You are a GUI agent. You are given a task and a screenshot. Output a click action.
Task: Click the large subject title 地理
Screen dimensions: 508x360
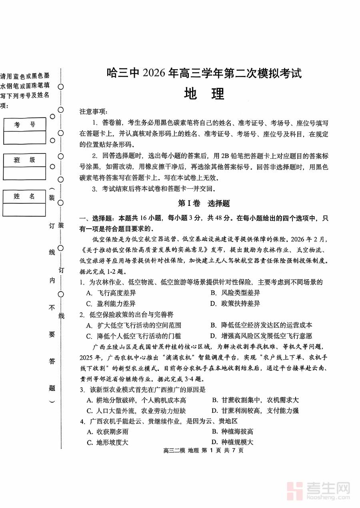pyautogui.click(x=204, y=94)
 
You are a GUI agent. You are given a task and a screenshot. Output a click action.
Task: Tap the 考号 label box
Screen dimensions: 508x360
pyautogui.click(x=24, y=125)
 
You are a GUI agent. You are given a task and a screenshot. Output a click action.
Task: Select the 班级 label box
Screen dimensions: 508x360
pyautogui.click(x=24, y=160)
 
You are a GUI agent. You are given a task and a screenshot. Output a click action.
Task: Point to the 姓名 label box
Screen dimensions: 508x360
pyautogui.click(x=24, y=196)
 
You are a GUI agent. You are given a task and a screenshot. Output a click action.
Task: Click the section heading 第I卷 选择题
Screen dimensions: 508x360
pyautogui.click(x=204, y=203)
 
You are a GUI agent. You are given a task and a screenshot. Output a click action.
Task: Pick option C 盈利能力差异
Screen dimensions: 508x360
pyautogui.click(x=111, y=304)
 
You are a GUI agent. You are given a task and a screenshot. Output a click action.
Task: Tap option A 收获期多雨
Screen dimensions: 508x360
pyautogui.click(x=108, y=432)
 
